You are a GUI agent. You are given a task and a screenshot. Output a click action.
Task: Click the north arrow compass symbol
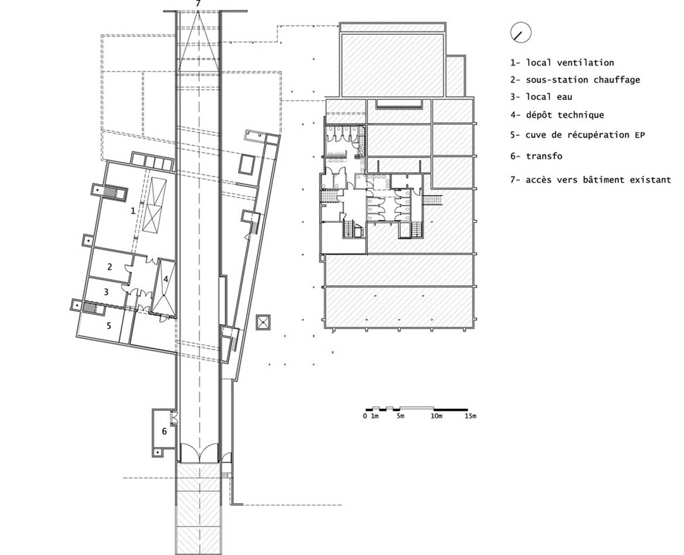click(521, 32)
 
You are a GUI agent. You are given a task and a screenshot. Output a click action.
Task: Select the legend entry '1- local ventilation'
click(562, 63)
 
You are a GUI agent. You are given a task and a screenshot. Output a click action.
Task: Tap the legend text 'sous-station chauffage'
click(583, 80)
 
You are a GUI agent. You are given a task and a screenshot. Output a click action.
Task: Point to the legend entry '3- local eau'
click(541, 97)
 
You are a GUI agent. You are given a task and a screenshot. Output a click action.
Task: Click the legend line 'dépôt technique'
click(565, 115)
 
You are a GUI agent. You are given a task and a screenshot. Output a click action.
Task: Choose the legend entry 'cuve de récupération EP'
click(585, 135)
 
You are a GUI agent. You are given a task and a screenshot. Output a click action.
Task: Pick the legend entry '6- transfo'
click(536, 156)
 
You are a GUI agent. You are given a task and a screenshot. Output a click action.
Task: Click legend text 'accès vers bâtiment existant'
click(598, 180)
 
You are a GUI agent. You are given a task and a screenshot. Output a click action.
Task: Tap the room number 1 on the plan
click(133, 211)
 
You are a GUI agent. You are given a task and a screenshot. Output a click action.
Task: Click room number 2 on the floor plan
click(110, 266)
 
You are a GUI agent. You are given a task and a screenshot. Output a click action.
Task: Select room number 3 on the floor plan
click(106, 291)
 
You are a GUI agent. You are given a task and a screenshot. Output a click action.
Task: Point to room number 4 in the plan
click(166, 279)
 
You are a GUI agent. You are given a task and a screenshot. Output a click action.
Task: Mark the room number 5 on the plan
click(109, 325)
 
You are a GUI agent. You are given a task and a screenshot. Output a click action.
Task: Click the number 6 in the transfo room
click(164, 431)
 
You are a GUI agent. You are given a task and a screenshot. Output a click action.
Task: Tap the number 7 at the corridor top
click(198, 4)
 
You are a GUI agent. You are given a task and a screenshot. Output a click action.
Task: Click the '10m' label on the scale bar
click(436, 416)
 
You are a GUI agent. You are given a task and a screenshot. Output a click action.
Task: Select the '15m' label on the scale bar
click(470, 416)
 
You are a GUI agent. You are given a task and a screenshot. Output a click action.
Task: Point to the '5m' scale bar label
click(400, 416)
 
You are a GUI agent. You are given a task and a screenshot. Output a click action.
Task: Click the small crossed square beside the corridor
click(263, 323)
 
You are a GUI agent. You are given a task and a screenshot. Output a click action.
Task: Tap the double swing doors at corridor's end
click(199, 453)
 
